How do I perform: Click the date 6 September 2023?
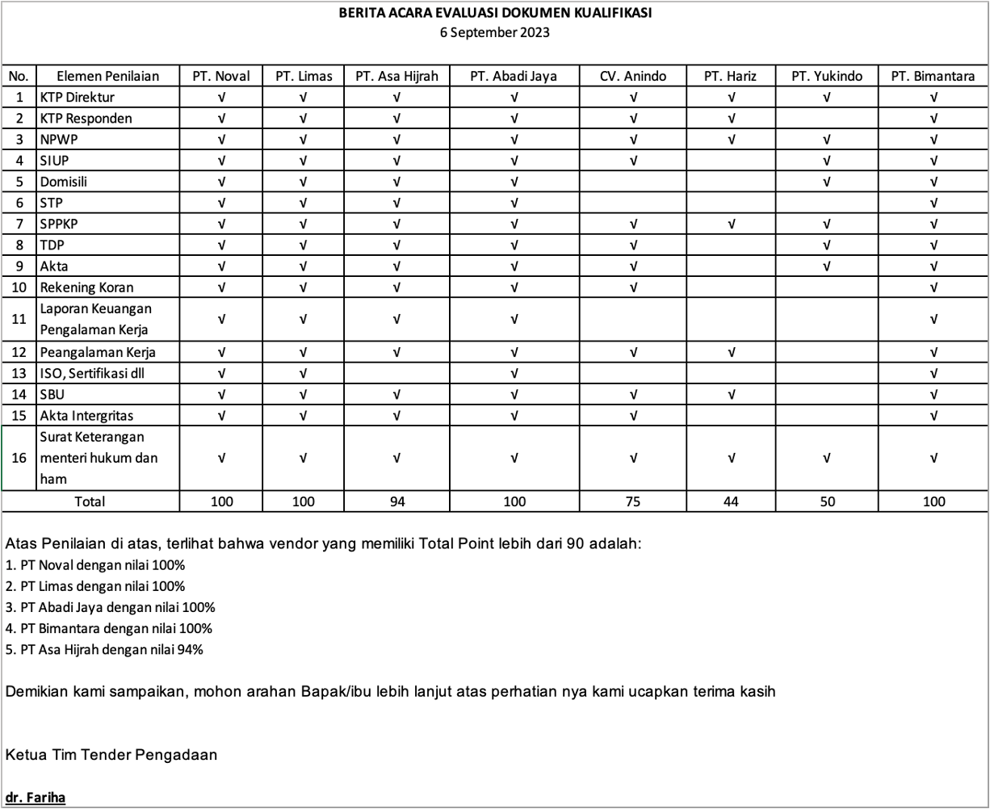point(494,33)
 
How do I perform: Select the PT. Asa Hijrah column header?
point(396,77)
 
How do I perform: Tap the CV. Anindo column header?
point(633,77)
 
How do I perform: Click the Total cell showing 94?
point(396,501)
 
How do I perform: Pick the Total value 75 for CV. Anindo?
point(633,501)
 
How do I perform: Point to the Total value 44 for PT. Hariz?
point(730,501)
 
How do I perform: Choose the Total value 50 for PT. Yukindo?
point(826,501)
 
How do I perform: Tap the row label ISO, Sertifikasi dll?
point(92,374)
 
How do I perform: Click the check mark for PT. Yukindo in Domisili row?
point(826,182)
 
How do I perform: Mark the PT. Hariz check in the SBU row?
point(730,395)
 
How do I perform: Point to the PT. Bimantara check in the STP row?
point(933,203)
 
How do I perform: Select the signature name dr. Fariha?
point(35,798)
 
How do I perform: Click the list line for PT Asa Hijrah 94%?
point(104,649)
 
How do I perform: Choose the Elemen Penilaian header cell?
point(107,77)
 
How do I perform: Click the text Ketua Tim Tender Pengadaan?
point(111,756)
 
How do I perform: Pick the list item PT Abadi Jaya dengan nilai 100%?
point(110,607)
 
